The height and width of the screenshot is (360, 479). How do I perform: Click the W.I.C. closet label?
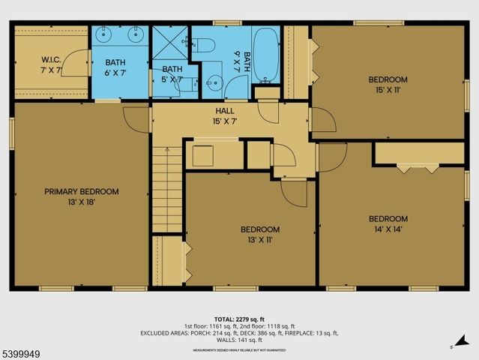(51, 64)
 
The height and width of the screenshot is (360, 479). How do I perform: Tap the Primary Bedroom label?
(81, 196)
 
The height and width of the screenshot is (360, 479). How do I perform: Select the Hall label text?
(225, 115)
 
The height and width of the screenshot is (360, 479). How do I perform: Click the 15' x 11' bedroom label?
(387, 85)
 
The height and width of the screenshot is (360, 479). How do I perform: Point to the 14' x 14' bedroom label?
(387, 223)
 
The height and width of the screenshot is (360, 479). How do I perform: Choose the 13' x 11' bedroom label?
(259, 234)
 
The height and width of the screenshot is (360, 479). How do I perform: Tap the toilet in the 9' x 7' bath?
(205, 46)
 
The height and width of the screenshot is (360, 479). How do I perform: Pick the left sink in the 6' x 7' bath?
(106, 34)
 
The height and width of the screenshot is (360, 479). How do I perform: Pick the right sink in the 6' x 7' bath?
(135, 34)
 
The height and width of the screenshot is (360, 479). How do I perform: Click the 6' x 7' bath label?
(115, 68)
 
